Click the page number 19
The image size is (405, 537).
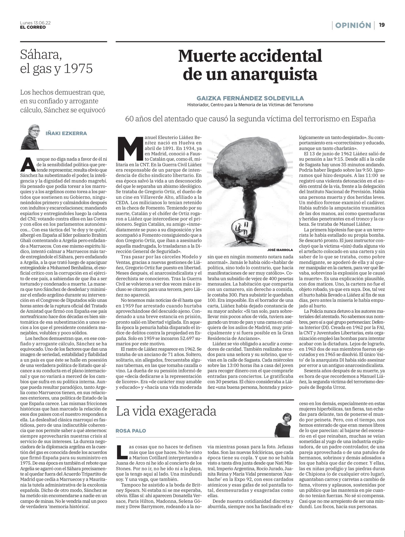pyautogui.click(x=382, y=25)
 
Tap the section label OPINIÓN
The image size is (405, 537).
pyautogui.click(x=353, y=25)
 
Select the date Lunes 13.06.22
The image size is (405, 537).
pyautogui.click(x=35, y=23)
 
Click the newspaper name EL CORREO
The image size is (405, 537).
pyautogui.click(x=33, y=27)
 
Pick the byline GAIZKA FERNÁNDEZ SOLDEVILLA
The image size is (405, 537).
pyautogui.click(x=250, y=98)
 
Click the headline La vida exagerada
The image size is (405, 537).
pyautogui.click(x=166, y=411)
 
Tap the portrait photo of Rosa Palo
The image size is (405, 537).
pyautogui.click(x=283, y=424)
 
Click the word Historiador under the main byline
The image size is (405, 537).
pyautogui.click(x=198, y=105)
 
